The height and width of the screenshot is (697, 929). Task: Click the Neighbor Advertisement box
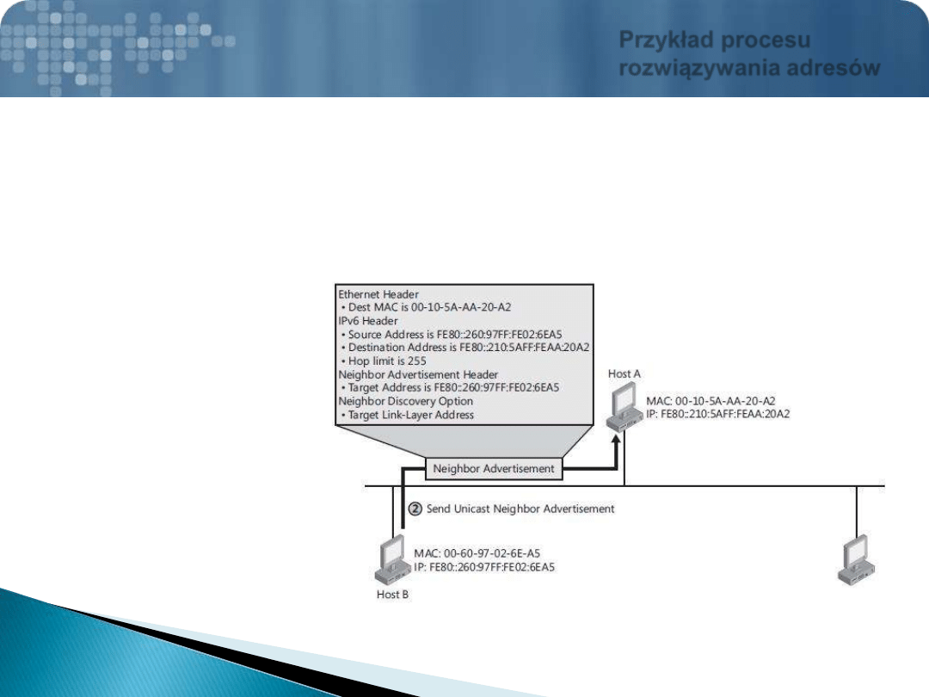pos(494,468)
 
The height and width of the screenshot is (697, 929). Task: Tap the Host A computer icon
pos(624,406)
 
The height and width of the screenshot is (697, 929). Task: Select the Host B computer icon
pos(393,559)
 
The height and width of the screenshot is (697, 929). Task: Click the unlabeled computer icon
pos(856,559)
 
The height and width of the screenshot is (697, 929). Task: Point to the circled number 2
pos(415,509)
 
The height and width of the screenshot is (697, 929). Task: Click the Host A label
pos(624,374)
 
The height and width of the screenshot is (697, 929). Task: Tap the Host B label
pos(393,595)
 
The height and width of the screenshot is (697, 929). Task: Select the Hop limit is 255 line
pos(384,361)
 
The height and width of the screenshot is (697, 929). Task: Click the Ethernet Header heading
pos(378,294)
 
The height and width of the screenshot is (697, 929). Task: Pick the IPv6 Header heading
pos(368,321)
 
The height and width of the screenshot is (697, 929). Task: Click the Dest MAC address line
pos(426,307)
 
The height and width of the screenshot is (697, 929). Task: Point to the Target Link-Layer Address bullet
pos(408,415)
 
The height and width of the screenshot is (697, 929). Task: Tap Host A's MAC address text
pos(711,401)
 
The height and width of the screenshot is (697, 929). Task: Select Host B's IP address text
pos(484,567)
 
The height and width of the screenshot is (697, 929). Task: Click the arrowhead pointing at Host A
pos(616,440)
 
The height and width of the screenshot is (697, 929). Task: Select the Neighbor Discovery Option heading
pos(406,401)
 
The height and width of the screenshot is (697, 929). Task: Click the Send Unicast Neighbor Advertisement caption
pos(520,509)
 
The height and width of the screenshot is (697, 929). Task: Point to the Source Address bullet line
pos(452,334)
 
